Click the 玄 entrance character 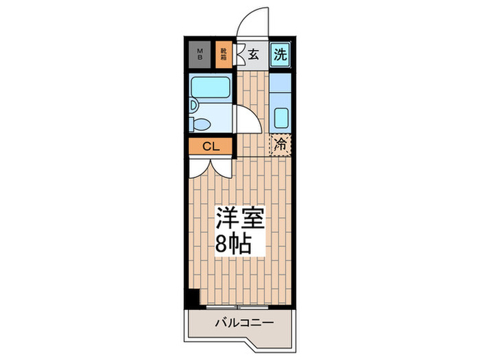253,55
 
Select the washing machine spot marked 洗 279,54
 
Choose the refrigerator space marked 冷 280,145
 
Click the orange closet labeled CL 211,146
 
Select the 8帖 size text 233,243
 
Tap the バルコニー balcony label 245,322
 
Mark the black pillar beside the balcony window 193,299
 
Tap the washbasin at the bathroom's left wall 193,106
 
